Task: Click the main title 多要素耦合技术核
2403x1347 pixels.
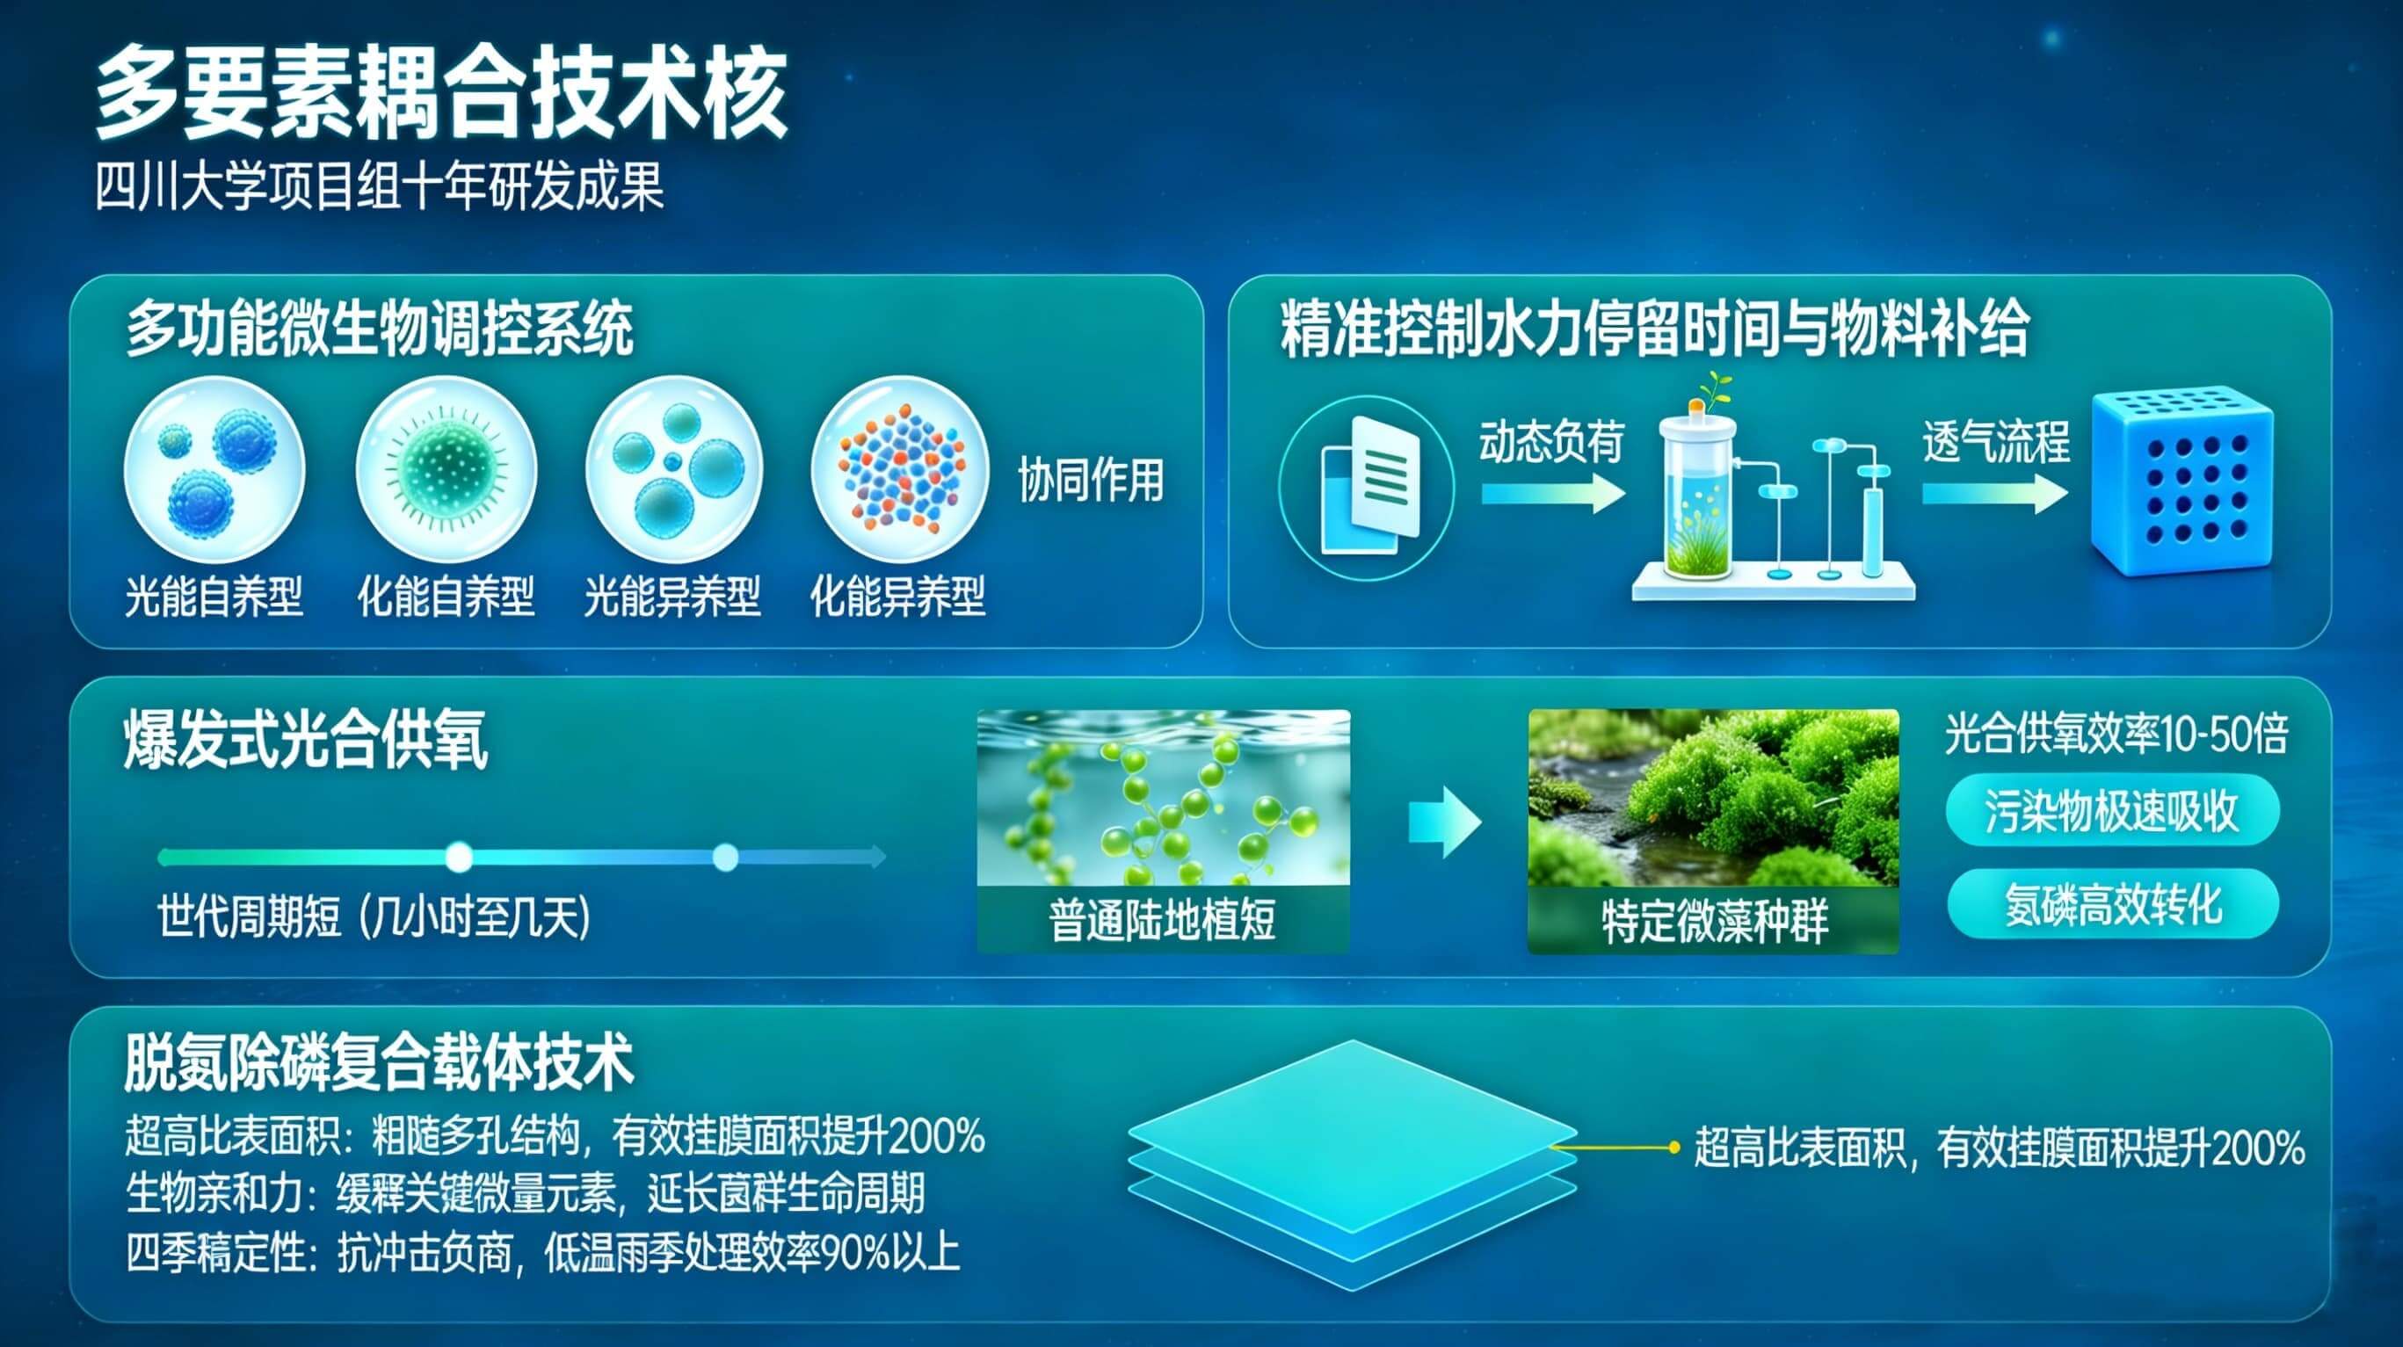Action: point(440,94)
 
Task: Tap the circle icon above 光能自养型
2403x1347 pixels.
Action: point(214,468)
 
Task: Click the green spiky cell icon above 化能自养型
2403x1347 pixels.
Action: point(446,468)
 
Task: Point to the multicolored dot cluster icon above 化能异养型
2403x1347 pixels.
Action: point(900,468)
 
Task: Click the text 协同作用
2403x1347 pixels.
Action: point(1091,481)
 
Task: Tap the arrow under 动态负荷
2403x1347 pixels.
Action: point(1551,493)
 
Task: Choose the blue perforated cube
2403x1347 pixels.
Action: point(2181,485)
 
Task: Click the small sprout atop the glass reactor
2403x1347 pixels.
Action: point(1713,390)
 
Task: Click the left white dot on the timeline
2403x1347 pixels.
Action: point(458,857)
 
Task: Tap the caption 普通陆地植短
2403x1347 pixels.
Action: point(1162,920)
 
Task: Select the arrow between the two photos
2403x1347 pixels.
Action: point(1444,821)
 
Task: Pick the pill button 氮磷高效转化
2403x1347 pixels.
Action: point(2113,904)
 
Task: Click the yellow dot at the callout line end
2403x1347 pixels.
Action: point(1674,1148)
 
